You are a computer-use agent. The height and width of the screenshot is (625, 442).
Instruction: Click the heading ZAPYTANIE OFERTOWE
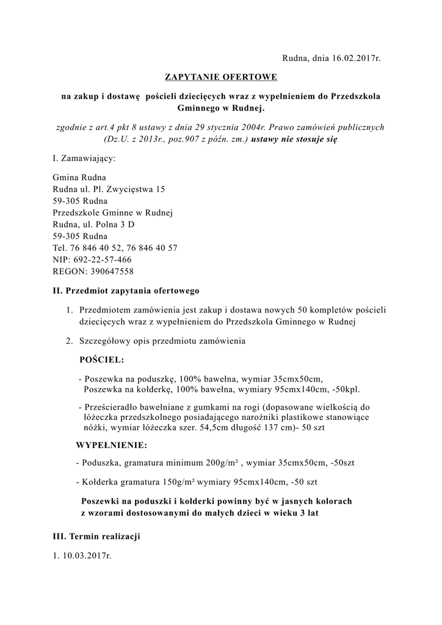(221, 78)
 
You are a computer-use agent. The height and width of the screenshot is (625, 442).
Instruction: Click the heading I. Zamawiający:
(84, 159)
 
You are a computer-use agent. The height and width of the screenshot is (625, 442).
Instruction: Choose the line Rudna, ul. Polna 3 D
(94, 225)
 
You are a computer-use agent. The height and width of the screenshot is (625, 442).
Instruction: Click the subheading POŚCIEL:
(102, 360)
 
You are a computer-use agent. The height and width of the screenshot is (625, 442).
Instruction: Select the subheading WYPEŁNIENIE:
(112, 445)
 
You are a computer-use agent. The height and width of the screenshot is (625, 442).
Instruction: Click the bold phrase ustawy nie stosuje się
(294, 139)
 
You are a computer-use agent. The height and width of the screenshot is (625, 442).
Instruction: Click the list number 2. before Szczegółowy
(70, 341)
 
